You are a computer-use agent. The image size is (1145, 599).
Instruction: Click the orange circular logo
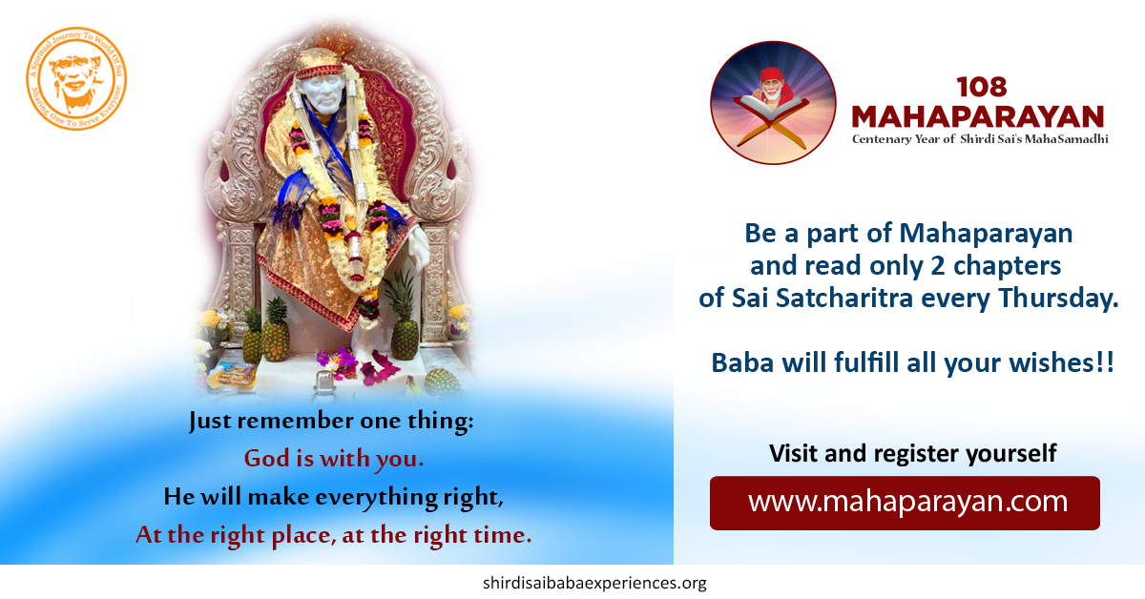point(76,78)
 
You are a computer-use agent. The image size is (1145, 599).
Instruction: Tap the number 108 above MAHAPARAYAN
point(982,87)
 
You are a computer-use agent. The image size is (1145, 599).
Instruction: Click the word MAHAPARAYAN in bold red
point(978,116)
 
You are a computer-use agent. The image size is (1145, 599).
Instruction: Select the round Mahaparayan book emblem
point(774,103)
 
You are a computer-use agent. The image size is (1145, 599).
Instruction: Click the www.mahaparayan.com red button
point(905,503)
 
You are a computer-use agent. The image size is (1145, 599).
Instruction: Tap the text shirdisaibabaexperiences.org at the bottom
point(594,583)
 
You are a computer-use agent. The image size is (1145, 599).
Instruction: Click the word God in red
point(267,458)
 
